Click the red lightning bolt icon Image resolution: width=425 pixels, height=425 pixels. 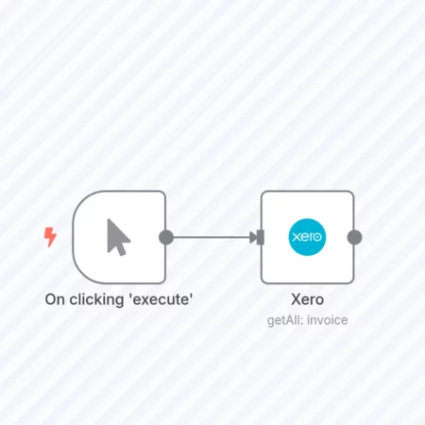click(50, 237)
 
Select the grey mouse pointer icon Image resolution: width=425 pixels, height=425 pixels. click(118, 237)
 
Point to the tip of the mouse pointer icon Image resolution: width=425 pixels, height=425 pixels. click(108, 219)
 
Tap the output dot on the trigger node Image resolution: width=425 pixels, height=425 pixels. click(166, 237)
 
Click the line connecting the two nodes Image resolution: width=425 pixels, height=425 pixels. click(212, 237)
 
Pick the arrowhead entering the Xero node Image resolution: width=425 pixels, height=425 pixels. click(253, 237)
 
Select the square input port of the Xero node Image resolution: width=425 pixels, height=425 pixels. click(261, 237)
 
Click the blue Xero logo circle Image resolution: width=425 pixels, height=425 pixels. click(307, 237)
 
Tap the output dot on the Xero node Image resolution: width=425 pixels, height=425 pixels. click(354, 237)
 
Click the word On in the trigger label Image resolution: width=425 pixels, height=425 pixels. click(55, 299)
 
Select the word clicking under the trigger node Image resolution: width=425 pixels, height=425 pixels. click(96, 300)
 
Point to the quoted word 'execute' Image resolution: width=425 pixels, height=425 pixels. click(161, 299)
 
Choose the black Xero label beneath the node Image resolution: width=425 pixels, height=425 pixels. click(307, 299)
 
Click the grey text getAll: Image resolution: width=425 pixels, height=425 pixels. click(285, 320)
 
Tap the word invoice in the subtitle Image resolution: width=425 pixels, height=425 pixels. click(328, 320)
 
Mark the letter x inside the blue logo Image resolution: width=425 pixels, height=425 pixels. click(297, 236)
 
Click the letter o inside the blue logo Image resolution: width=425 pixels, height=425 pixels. click(317, 237)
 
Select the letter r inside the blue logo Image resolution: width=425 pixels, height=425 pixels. click(311, 237)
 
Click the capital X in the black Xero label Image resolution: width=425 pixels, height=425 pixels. click(297, 299)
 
